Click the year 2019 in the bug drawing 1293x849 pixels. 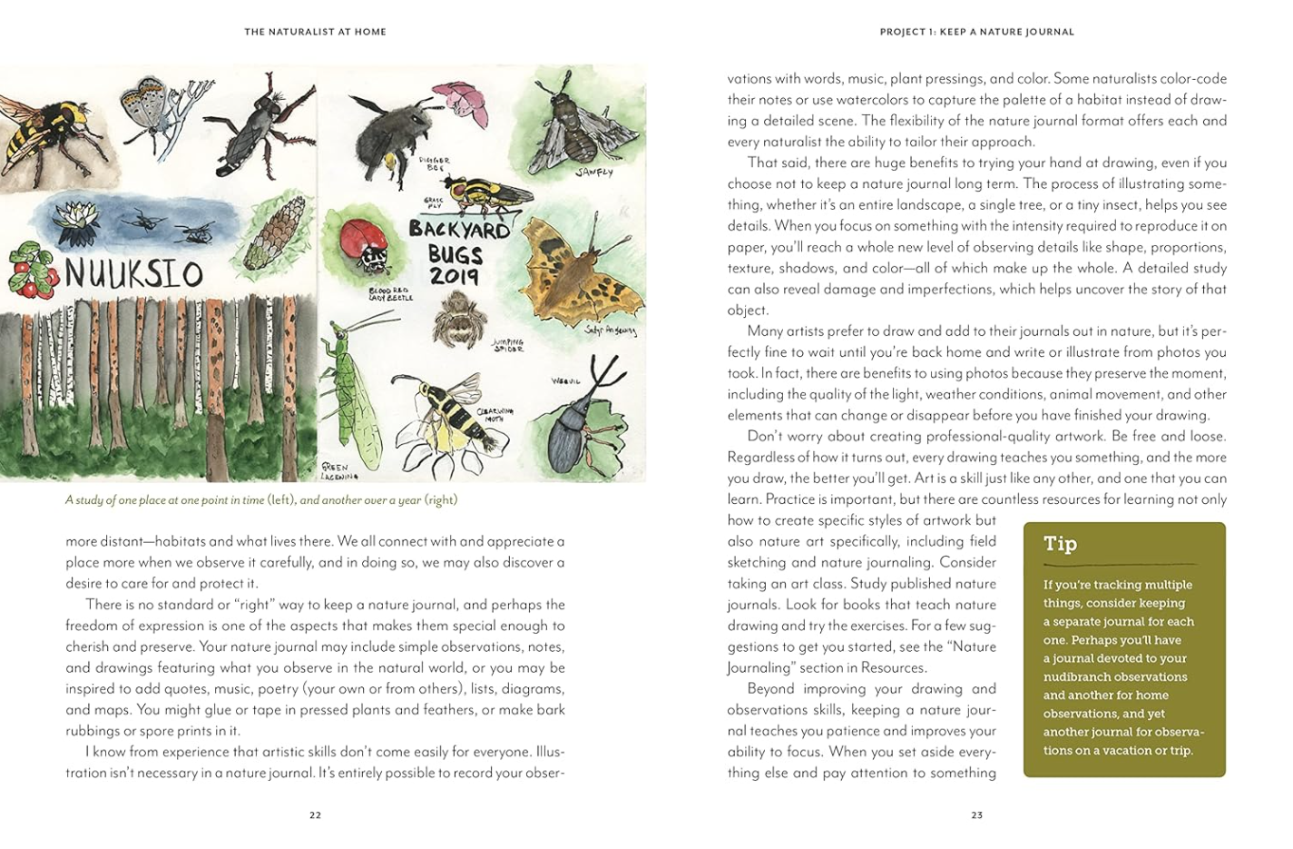454,275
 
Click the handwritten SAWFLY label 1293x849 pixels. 593,172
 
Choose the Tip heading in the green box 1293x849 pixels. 1060,544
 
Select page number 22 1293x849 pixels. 315,815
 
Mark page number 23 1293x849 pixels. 976,815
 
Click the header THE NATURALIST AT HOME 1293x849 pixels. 315,32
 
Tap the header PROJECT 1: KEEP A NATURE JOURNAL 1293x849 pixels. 976,32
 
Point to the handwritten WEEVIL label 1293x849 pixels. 566,381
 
